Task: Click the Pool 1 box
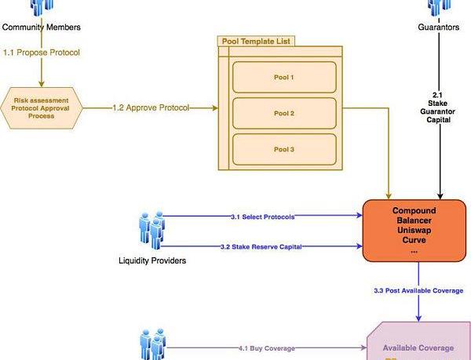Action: point(284,78)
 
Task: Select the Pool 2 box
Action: point(284,114)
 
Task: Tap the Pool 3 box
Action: point(284,149)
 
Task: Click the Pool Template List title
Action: point(252,40)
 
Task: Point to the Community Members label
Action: point(42,27)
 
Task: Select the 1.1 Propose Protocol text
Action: point(42,53)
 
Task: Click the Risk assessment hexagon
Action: point(42,107)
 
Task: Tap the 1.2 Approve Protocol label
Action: point(152,107)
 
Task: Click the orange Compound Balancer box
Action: point(413,231)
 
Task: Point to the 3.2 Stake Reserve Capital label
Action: point(261,247)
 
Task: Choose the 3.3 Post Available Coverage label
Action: point(418,291)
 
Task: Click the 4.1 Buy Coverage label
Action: point(267,347)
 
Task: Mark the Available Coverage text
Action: point(418,347)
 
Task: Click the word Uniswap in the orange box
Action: point(413,231)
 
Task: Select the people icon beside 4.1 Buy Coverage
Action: point(152,346)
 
